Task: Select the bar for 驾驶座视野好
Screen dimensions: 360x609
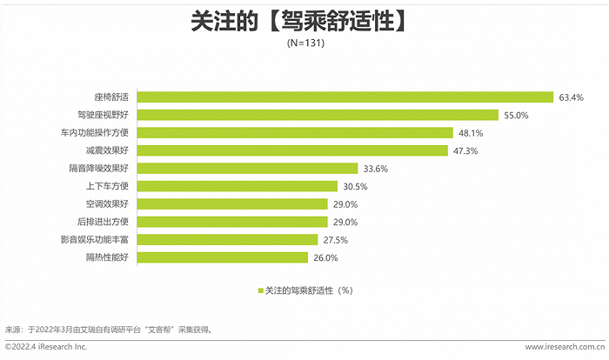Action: pos(318,115)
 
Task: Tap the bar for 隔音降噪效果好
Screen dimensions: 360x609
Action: pos(248,168)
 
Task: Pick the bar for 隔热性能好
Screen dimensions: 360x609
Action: pos(224,257)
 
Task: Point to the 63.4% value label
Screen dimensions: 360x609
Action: pos(572,97)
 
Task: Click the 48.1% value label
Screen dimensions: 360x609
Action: pos(471,133)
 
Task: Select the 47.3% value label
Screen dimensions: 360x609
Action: pos(467,150)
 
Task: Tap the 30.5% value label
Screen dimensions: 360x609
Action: pos(354,186)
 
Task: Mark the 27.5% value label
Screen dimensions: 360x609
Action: pos(336,240)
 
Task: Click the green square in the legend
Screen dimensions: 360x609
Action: pos(259,290)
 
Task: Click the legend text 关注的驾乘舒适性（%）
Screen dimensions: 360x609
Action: pos(309,290)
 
